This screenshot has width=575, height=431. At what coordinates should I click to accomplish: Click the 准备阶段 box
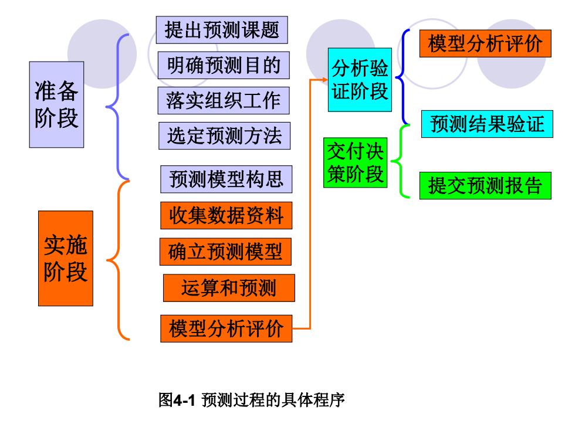coord(56,104)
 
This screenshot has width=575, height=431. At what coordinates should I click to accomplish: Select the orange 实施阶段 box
coord(66,259)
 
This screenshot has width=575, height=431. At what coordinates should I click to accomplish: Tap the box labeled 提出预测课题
coord(222,30)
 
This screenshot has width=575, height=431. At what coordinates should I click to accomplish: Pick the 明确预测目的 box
coord(224,65)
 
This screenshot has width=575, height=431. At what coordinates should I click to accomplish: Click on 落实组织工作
coord(224,100)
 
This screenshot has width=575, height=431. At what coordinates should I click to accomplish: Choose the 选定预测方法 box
coord(224,135)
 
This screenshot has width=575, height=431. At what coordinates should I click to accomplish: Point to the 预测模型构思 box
coord(226,179)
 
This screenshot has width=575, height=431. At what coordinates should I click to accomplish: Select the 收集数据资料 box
coord(226,216)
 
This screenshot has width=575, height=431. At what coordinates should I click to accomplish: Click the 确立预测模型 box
coord(225,252)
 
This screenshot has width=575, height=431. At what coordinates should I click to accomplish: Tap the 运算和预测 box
coord(229,288)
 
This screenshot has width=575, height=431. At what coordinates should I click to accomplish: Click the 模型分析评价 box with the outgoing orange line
coord(226,329)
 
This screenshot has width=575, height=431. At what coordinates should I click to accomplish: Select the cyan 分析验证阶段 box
coord(360,80)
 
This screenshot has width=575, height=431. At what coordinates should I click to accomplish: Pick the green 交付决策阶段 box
coord(356,163)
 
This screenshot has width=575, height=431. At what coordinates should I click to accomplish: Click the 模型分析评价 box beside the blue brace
coord(486,43)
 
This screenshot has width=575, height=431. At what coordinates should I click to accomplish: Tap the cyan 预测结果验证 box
coord(488,124)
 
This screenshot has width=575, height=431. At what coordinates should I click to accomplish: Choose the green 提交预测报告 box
coord(486,185)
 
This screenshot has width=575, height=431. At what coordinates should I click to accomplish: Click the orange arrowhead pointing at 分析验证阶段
coord(325,80)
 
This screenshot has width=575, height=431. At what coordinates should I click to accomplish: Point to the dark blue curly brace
coord(404,77)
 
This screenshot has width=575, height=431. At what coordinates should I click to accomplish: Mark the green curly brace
coord(400,161)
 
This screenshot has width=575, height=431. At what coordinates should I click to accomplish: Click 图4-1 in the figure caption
coord(177,400)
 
